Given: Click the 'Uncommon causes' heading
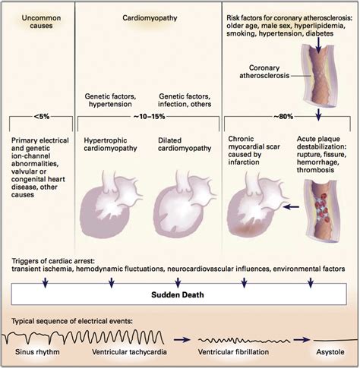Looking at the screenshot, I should point(36,20).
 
